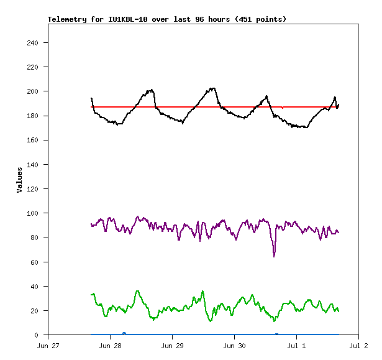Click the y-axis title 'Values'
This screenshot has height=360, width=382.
pyautogui.click(x=19, y=179)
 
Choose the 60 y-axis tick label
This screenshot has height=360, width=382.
pyautogui.click(x=35, y=262)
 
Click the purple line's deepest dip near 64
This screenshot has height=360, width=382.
pyautogui.click(x=274, y=256)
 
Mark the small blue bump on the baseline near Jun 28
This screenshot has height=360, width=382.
pyautogui.click(x=124, y=333)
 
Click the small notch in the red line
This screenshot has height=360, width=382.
pyautogui.click(x=283, y=108)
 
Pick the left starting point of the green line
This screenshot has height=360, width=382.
pyautogui.click(x=91, y=294)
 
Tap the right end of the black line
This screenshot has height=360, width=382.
pyautogui.click(x=339, y=104)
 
